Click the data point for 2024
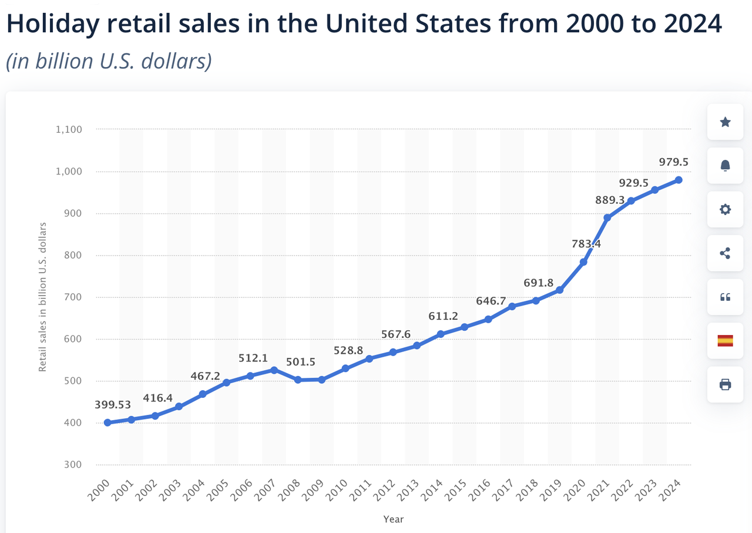point(679,180)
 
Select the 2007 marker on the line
point(274,370)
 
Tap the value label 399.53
point(112,404)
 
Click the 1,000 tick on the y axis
point(69,171)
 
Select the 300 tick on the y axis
point(73,464)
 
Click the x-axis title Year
point(393,519)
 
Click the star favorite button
point(725,122)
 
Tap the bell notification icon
point(725,166)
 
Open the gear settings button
point(725,209)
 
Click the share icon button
point(725,253)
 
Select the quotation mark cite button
point(725,297)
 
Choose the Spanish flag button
point(725,340)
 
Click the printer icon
point(725,384)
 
